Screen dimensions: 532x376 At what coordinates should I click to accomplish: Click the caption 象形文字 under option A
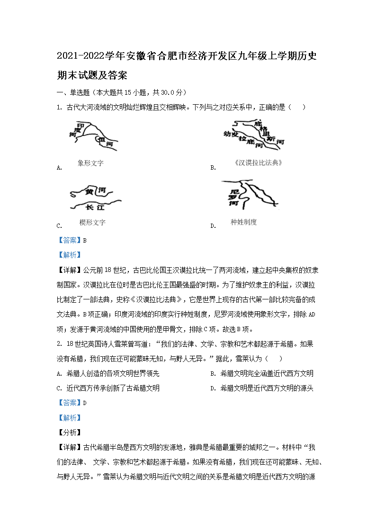point(90,163)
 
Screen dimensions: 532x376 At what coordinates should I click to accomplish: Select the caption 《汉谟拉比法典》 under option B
point(259,162)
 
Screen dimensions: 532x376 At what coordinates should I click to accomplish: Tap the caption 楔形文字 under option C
point(92,222)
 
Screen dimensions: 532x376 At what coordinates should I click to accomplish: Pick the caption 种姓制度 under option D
point(243,222)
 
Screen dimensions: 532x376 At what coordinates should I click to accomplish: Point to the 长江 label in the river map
point(95,207)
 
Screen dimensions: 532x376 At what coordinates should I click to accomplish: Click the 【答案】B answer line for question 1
point(72,240)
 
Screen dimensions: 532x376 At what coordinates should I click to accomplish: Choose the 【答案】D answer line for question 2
point(72,403)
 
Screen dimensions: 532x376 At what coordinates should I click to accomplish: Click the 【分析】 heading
point(69,432)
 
